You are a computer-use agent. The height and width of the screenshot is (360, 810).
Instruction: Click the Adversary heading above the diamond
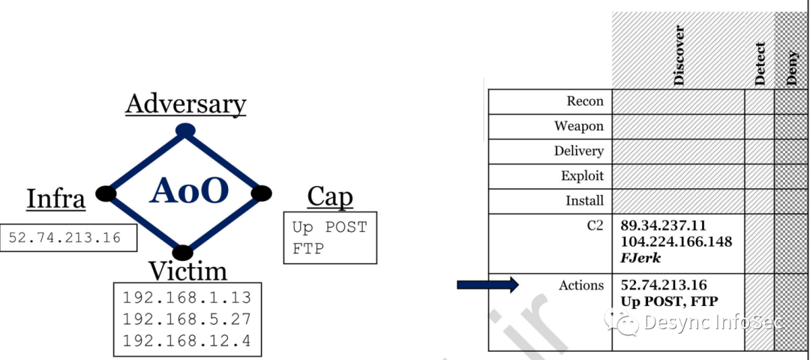coord(185,103)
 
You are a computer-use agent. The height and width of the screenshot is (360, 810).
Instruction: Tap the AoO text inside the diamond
coord(188,191)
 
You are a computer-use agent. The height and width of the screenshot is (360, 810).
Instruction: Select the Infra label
coord(55,199)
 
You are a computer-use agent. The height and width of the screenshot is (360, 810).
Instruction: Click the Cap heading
coord(329,197)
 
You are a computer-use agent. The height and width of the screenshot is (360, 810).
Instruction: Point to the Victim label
coord(187,270)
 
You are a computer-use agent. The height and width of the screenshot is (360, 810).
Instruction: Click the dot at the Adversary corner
coord(185,130)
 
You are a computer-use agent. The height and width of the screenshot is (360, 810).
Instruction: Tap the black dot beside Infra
coord(106,193)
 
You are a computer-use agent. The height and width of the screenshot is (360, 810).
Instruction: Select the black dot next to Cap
coord(261,193)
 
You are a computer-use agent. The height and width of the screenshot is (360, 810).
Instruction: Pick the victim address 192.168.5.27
coord(187,319)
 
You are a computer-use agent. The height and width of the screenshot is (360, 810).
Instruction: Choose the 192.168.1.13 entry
coord(187,295)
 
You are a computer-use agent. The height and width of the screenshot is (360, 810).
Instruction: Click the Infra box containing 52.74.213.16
coord(68,237)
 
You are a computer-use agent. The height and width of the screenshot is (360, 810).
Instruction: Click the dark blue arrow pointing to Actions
coord(487,284)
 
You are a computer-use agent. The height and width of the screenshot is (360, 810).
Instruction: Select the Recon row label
coord(585,101)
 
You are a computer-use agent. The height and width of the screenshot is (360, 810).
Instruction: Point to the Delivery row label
coord(578,151)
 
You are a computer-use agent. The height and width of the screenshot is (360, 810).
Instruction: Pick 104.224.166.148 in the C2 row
coord(676,242)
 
